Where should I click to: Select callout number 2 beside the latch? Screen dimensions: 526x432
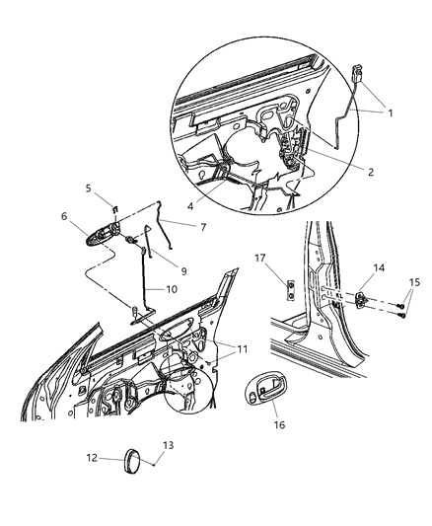pyautogui.click(x=370, y=171)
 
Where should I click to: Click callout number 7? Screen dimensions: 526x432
pyautogui.click(x=203, y=226)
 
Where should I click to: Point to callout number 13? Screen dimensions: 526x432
pyautogui.click(x=168, y=447)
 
